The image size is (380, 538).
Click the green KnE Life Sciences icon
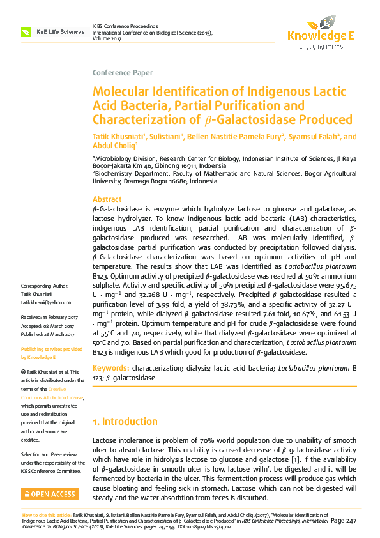pyautogui.click(x=26, y=31)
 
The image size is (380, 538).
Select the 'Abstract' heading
pyautogui.click(x=107, y=199)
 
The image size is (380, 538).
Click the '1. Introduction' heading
pyautogui.click(x=125, y=422)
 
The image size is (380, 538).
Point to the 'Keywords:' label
pyautogui.click(x=110, y=369)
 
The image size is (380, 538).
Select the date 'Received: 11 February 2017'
pyautogui.click(x=49, y=317)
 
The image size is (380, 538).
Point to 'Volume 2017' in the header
pyautogui.click(x=110, y=38)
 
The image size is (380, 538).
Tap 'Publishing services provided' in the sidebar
pyautogui.click(x=52, y=350)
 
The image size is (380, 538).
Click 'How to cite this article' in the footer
pyautogui.click(x=46, y=514)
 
